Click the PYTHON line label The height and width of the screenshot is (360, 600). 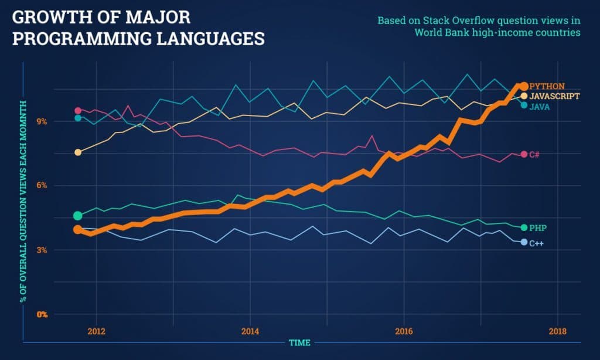tap(547, 86)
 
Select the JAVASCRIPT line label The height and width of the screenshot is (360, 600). tap(554, 96)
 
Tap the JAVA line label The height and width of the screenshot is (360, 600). tap(540, 106)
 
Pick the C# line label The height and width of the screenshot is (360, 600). tap(534, 155)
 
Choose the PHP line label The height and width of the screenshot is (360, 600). tap(538, 227)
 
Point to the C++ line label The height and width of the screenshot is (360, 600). tap(536, 243)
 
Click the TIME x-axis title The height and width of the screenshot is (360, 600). tap(299, 342)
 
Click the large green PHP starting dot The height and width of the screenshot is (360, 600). tap(78, 216)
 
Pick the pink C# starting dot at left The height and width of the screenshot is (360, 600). tap(78, 110)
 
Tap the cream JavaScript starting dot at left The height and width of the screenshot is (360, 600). tap(78, 152)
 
